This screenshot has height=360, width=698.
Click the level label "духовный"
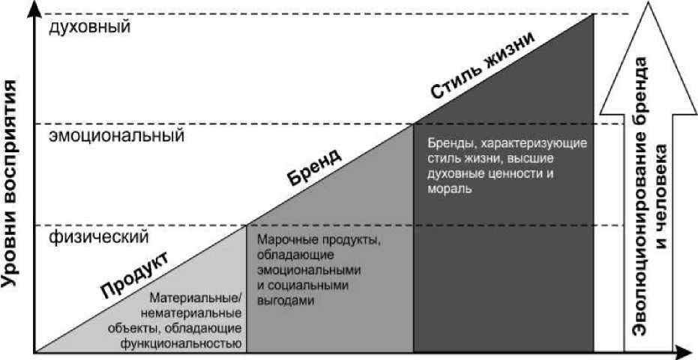point(90,28)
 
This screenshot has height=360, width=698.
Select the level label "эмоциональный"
point(116,137)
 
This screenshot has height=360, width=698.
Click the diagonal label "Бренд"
point(315,166)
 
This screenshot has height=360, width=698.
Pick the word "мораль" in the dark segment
point(450,190)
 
